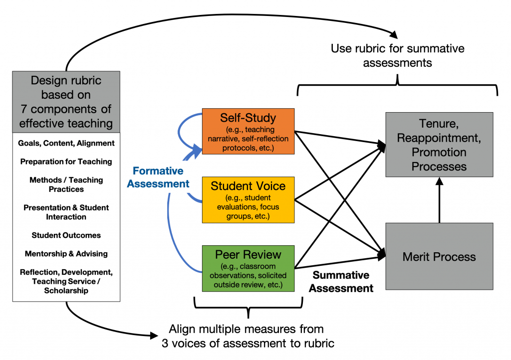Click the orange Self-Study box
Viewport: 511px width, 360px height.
248,131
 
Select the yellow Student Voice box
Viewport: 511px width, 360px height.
248,199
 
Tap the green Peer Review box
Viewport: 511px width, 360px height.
248,268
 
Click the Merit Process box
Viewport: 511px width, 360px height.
439,257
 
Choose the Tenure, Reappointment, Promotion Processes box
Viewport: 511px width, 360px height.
439,145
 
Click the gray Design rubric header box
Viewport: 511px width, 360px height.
66,102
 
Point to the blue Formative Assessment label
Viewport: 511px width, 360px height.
158,178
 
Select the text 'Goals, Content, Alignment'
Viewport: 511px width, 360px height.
66,143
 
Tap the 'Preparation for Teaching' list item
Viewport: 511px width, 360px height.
66,162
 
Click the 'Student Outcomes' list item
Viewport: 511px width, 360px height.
66,235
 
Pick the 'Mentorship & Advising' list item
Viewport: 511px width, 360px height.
66,254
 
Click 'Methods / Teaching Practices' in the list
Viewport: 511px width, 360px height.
66,184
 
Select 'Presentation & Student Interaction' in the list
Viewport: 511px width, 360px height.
66,212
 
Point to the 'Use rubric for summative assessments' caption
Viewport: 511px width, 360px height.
397,55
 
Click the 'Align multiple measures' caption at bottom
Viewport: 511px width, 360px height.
246,336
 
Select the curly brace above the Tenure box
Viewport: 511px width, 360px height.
398,85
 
